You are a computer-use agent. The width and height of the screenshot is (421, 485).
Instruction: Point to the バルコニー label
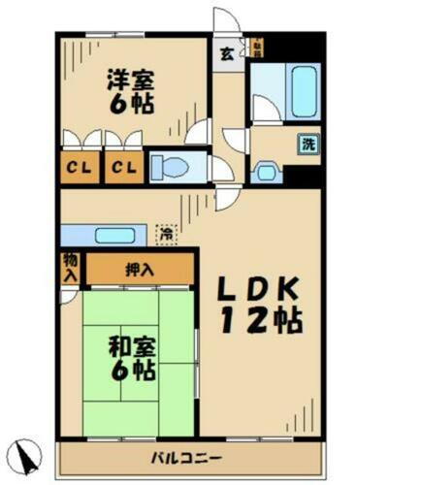pos(185,456)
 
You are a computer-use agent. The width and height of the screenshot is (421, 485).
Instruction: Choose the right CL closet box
pos(121,168)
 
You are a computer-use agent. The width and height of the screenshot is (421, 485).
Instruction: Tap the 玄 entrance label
pos(224,54)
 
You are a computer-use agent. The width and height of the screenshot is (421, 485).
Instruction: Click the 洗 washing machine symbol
pos(307,145)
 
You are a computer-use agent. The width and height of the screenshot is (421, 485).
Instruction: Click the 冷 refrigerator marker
pos(168,233)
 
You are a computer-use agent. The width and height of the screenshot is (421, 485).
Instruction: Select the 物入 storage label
pos(70,268)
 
